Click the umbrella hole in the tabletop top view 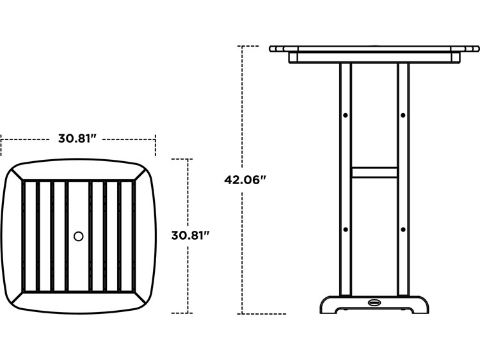click(x=79, y=236)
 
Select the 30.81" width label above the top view click(x=77, y=138)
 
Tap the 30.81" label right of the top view click(x=191, y=235)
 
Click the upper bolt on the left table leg click(x=346, y=115)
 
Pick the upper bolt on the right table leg click(x=403, y=115)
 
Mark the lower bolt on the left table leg click(x=346, y=229)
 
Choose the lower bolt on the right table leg click(x=403, y=229)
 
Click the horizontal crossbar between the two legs click(x=374, y=172)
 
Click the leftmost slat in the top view click(x=29, y=236)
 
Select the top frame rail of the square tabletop click(x=79, y=171)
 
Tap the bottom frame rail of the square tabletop click(x=79, y=301)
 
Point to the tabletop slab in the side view click(x=374, y=49)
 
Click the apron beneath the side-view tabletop click(x=374, y=58)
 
